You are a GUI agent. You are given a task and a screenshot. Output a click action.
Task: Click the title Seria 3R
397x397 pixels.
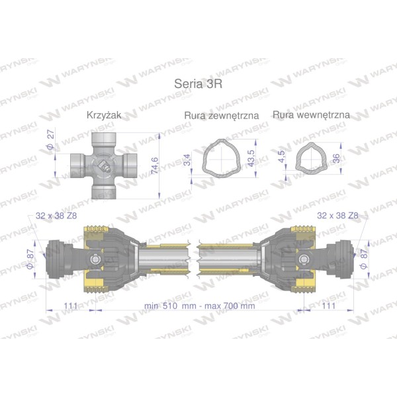point(198,84)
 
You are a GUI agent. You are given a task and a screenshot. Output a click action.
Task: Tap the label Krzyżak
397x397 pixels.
point(104,115)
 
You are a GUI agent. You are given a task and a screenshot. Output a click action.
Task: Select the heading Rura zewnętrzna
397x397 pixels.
point(221,115)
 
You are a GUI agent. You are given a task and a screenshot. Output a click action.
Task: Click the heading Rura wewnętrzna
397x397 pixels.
point(311,114)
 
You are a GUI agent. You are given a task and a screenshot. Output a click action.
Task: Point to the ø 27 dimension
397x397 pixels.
point(51,139)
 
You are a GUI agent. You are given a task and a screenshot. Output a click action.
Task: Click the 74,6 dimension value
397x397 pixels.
point(154,165)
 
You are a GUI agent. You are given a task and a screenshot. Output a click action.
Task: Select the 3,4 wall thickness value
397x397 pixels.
point(187,159)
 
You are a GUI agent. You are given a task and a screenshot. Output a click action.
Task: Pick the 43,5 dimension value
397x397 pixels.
point(251,159)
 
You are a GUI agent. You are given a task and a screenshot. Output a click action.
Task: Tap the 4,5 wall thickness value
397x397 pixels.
point(281,156)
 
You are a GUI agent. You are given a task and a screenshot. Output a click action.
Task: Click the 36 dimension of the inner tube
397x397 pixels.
point(336,158)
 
